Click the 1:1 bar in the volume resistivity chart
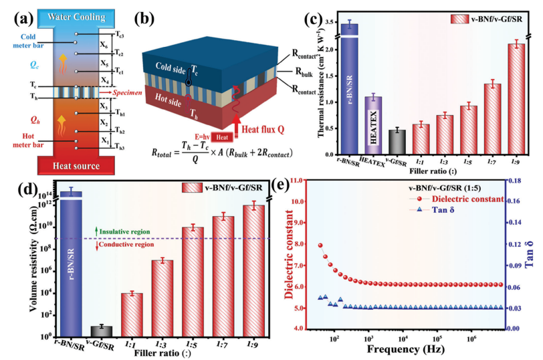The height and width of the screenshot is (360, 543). click(x=132, y=314)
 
